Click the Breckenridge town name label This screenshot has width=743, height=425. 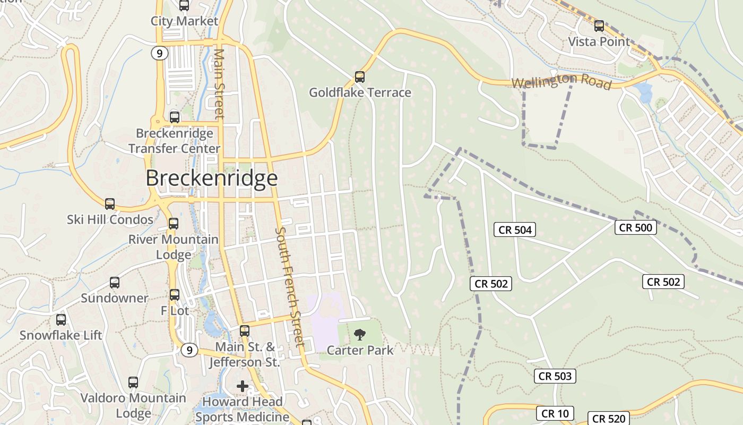click(x=211, y=178)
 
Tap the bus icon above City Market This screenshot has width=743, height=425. click(x=184, y=6)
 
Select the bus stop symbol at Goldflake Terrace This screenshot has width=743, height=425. click(x=360, y=77)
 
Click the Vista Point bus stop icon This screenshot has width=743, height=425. click(x=599, y=25)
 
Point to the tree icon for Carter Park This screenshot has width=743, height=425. click(x=360, y=334)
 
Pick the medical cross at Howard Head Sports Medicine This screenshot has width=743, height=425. click(x=243, y=386)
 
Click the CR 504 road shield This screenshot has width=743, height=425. click(x=515, y=229)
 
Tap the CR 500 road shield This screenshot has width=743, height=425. click(x=636, y=227)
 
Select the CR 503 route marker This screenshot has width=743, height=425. click(x=555, y=376)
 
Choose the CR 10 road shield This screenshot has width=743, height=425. click(x=555, y=413)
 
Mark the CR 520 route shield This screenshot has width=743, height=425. click(x=609, y=419)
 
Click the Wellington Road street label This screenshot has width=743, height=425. click(x=561, y=82)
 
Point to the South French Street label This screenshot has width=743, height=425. click(x=289, y=287)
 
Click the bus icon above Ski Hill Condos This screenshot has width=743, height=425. click(x=110, y=204)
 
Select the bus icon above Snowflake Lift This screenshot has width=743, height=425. click(x=61, y=320)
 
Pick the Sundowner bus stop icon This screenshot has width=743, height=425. click(x=115, y=283)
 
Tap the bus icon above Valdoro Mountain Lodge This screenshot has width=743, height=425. click(x=133, y=382)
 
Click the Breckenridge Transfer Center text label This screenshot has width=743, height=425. click(x=175, y=141)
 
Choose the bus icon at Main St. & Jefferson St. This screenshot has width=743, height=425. click(x=244, y=331)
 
